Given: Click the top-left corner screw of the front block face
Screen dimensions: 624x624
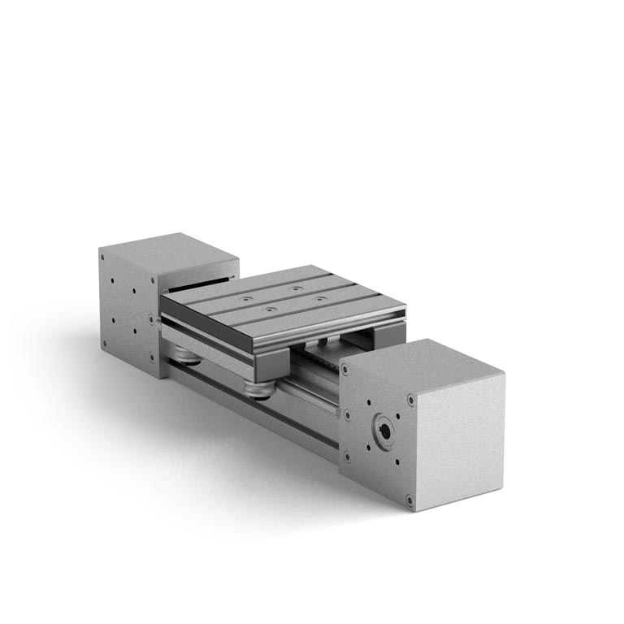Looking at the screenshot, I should pyautogui.click(x=345, y=368).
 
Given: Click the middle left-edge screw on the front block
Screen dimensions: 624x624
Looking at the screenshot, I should pyautogui.click(x=346, y=414).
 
